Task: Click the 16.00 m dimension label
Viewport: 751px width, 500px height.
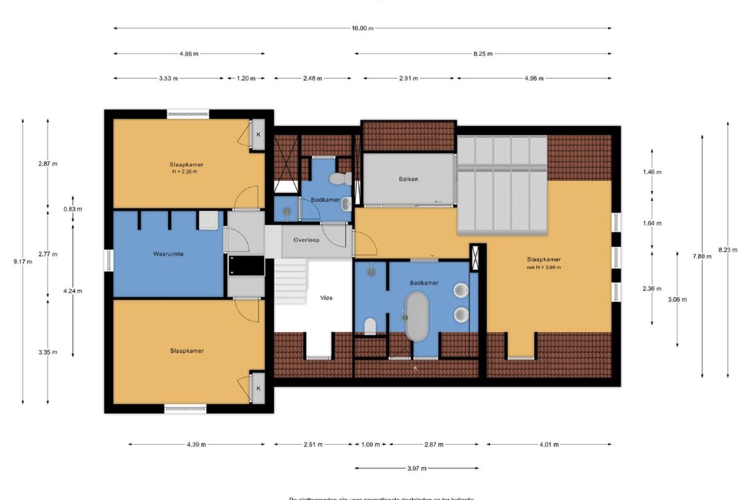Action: (363, 28)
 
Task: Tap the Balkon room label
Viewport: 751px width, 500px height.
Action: (407, 179)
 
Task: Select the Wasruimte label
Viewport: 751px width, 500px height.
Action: (167, 253)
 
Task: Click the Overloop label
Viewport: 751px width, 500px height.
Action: (306, 240)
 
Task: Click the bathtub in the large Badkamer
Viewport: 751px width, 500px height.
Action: (417, 315)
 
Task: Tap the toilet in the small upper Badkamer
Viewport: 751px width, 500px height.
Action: (337, 179)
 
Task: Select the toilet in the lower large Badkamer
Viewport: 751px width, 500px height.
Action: (370, 326)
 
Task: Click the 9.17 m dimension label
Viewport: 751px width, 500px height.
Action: (22, 261)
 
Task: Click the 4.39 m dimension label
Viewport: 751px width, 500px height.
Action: (196, 444)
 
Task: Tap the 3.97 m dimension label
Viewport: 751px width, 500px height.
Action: (417, 469)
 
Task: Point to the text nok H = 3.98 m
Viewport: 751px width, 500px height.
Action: (543, 268)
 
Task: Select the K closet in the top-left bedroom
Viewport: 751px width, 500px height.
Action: (258, 134)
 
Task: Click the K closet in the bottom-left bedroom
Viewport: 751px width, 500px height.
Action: (258, 388)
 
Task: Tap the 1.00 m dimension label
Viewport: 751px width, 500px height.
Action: (370, 444)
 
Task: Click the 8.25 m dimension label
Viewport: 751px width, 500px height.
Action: (483, 54)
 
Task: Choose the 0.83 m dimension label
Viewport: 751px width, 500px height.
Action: (73, 209)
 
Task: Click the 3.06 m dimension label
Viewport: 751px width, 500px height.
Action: (678, 300)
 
